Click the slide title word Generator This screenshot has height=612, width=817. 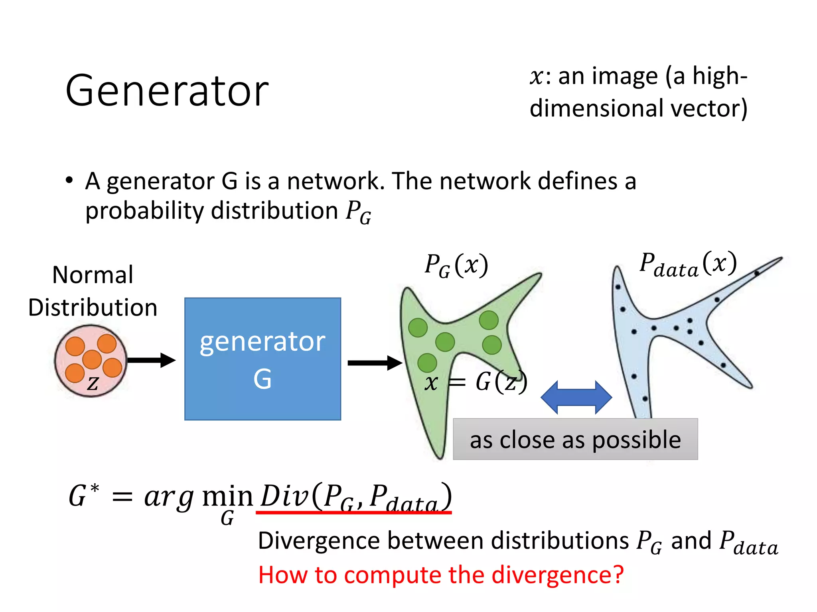(167, 91)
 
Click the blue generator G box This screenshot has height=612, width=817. (262, 359)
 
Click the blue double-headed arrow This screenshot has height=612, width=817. (576, 397)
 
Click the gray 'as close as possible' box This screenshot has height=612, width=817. (575, 439)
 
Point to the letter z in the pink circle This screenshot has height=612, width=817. (93, 383)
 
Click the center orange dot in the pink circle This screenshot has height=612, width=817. (92, 359)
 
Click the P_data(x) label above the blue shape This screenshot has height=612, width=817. (688, 264)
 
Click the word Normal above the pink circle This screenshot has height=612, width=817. (93, 275)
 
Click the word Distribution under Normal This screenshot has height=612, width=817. (93, 308)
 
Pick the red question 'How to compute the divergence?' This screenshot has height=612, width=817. (440, 575)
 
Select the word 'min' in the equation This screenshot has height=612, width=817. (227, 497)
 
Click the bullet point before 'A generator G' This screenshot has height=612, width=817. (69, 180)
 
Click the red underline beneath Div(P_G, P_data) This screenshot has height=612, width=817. (353, 512)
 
